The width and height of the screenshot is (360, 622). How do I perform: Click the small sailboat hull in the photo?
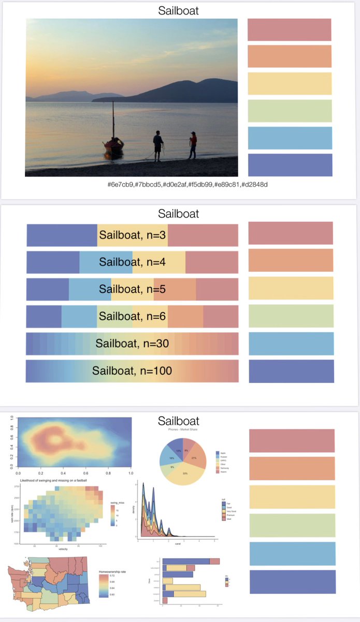113,148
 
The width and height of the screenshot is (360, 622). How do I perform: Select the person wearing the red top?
193,145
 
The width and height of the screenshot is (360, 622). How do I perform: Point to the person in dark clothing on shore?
158,146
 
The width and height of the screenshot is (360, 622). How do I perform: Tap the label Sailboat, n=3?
132,235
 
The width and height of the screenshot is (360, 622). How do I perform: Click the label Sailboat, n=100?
132,371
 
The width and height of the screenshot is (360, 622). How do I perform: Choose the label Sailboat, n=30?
132,343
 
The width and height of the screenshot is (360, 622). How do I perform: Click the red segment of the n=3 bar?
203,235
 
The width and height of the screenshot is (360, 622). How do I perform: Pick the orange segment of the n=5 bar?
175,289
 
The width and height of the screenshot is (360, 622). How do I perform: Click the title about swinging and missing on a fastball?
58,480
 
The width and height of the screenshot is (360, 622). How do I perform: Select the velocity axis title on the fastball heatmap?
65,550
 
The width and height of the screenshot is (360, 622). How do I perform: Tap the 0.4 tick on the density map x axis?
63,473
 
